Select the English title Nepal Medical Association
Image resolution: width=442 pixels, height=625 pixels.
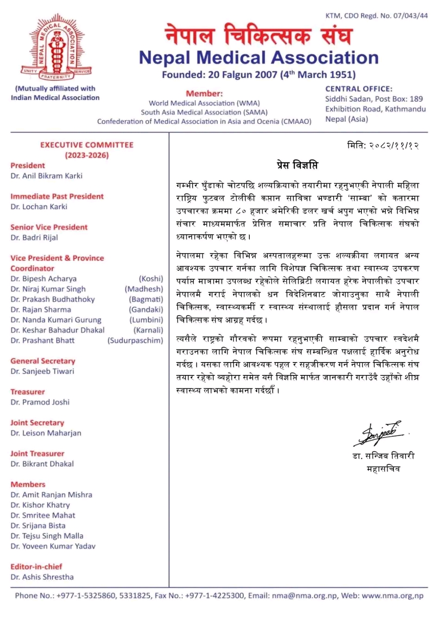(259, 58)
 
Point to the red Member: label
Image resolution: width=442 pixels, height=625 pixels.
(204, 93)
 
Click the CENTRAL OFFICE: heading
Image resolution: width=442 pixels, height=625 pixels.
(358, 88)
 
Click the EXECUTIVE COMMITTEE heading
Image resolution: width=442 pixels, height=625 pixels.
(87, 145)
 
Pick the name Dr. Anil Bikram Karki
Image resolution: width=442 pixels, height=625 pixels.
(46, 176)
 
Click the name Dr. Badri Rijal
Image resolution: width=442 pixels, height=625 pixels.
(34, 237)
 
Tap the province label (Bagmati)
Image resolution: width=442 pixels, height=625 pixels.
(146, 299)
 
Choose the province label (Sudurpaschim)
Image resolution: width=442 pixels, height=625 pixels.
(135, 340)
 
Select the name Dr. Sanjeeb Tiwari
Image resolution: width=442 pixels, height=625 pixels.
(42, 371)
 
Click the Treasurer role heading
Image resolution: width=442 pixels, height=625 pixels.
(28, 392)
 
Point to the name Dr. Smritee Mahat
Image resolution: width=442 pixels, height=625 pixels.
(43, 515)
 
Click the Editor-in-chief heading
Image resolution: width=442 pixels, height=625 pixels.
(36, 567)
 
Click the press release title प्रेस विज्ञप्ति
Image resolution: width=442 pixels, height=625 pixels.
(297, 165)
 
